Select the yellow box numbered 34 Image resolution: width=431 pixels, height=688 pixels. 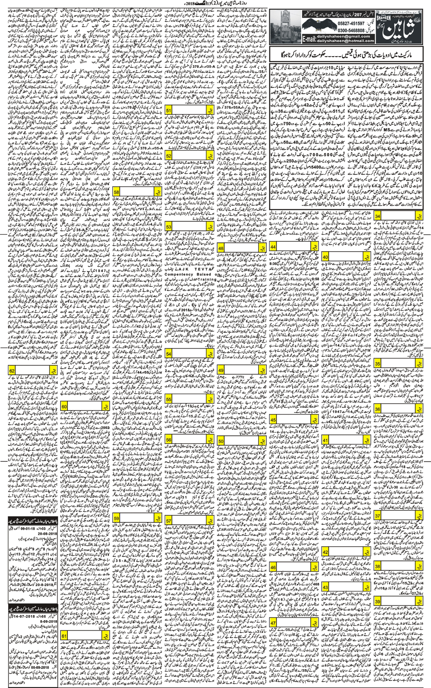coord(377,216)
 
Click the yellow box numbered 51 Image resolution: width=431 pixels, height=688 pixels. coord(169,111)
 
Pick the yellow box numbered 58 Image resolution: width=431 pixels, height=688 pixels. coord(116,191)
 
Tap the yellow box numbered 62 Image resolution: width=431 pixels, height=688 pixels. coord(12,370)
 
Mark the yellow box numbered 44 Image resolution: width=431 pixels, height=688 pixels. coord(273,247)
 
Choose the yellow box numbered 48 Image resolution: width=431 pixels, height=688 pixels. coord(221,248)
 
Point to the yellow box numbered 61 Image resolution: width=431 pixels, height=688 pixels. coord(64,635)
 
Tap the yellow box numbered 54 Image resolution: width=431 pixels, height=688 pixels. coord(169,354)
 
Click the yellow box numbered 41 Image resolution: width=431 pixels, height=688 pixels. coord(325,440)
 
